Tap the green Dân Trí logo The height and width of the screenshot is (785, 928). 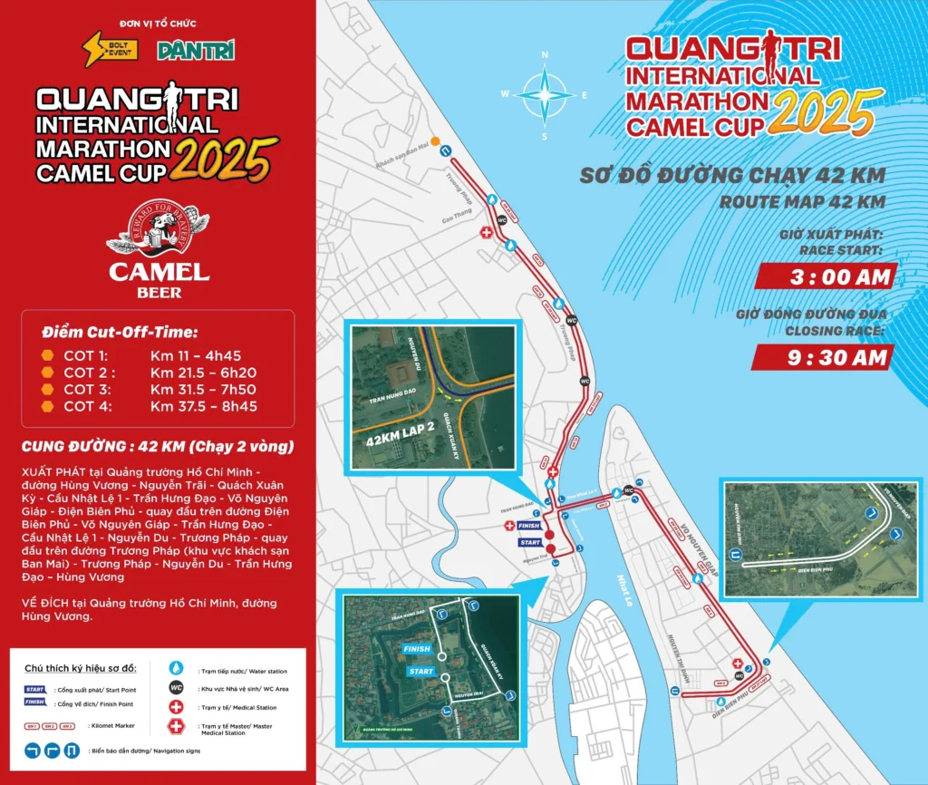pos(196,51)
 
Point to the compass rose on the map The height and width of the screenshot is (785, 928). pos(544,94)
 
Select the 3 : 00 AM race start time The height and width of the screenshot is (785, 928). pos(826,277)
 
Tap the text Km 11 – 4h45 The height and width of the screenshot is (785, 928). pos(191,355)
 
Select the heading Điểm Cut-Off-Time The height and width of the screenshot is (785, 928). pos(120,332)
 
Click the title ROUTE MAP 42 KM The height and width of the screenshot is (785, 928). pos(801,202)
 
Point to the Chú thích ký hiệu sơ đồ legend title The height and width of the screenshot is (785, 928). pos(81,669)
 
